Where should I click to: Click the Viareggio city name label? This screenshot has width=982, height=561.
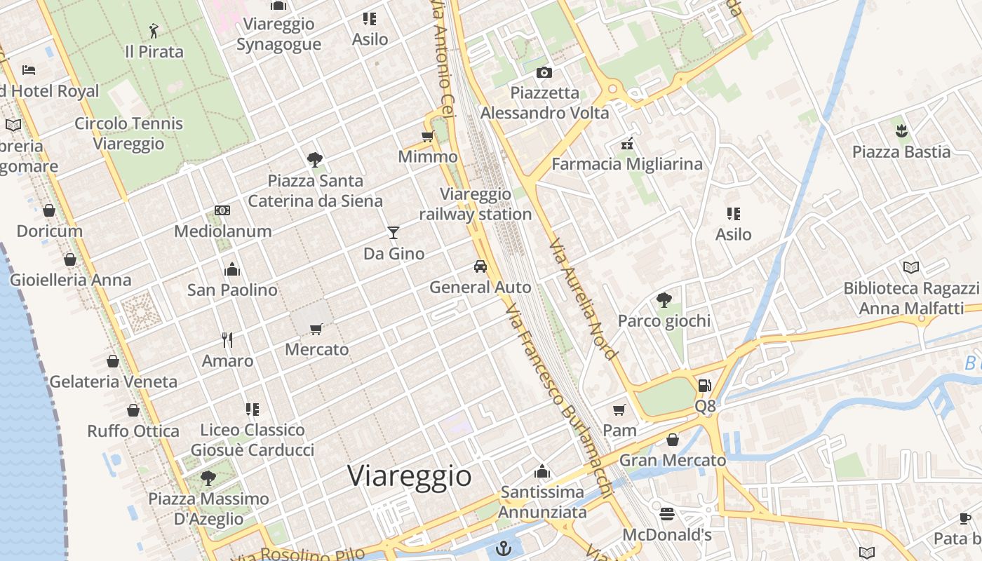[410, 476]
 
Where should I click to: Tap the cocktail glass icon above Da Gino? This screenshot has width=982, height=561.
[394, 233]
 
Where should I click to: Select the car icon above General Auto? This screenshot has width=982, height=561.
[480, 266]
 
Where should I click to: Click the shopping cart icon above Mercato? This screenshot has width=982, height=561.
[316, 328]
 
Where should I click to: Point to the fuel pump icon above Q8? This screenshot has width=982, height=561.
[705, 386]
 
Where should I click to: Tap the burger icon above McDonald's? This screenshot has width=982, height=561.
[667, 514]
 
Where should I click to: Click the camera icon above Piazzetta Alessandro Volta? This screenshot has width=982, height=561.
[544, 72]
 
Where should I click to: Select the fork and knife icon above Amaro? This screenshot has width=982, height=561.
[227, 340]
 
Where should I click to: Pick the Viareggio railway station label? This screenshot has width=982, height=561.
[476, 204]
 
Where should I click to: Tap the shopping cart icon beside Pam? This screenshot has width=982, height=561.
[619, 410]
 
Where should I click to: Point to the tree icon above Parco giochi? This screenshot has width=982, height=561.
[664, 301]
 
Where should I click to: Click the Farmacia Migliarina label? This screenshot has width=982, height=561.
[627, 164]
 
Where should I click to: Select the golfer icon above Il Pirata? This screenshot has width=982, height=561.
[154, 31]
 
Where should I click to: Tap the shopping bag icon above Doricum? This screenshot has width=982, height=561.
[49, 210]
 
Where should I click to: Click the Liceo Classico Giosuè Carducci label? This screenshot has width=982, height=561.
[253, 440]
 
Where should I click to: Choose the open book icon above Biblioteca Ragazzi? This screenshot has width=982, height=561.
[910, 267]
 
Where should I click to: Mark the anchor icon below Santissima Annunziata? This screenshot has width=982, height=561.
[504, 548]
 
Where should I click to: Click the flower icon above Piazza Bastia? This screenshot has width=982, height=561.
[901, 130]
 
